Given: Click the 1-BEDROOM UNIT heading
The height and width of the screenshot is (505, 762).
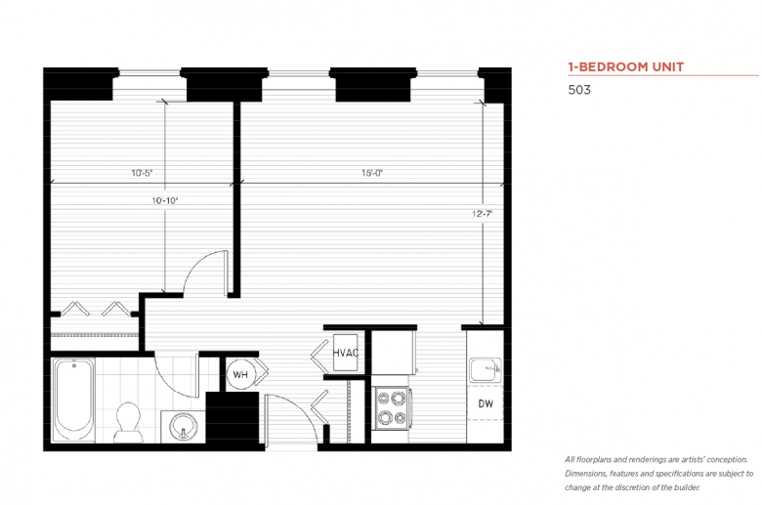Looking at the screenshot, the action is click(626, 67).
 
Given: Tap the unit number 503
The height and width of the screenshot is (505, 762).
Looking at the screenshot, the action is click(579, 90).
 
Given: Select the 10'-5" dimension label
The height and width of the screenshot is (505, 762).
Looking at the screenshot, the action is click(142, 173).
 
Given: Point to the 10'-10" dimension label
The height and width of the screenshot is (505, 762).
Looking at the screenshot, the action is click(165, 200).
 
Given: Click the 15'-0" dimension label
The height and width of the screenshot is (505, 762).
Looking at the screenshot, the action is click(372, 173).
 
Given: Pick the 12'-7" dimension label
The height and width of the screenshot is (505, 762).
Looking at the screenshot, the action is click(482, 213).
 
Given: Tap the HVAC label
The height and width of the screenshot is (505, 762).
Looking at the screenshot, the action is click(346, 353).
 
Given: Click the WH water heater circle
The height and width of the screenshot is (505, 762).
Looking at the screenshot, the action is click(240, 374).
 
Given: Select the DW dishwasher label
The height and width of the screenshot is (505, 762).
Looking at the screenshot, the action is click(486, 403).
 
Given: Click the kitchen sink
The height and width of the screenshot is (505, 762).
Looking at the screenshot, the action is click(486, 370).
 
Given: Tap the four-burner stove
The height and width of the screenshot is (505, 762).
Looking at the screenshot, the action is click(392, 407).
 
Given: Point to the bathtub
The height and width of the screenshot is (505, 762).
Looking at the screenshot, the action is click(73, 400).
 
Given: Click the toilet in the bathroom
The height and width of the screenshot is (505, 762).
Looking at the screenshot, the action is click(128, 422).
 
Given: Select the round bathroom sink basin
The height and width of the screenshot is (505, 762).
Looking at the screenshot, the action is click(184, 426).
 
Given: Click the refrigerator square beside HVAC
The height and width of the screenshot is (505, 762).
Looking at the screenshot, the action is click(394, 352).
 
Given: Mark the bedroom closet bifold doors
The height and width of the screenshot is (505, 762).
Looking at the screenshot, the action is click(96, 309).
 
